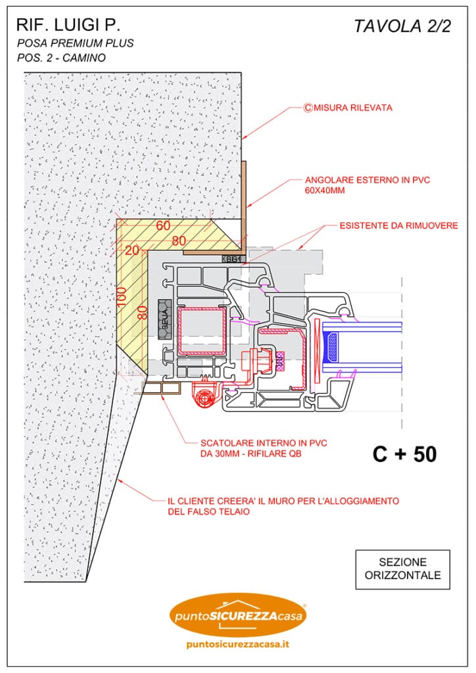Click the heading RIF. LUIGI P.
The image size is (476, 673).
click(x=68, y=25)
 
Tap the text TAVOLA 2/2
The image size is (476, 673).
click(x=402, y=26)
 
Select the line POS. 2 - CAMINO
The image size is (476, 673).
click(x=62, y=57)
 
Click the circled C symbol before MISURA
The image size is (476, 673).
click(x=307, y=107)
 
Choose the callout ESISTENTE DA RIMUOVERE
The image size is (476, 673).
click(x=399, y=226)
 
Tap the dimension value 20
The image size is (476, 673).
click(x=132, y=250)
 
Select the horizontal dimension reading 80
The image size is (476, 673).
click(x=178, y=241)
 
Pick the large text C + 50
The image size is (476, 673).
click(x=404, y=453)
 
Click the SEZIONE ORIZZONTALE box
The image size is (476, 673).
click(x=402, y=569)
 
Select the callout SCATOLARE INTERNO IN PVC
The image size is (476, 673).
click(x=254, y=442)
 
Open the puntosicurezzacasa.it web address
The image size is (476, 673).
click(x=238, y=644)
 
